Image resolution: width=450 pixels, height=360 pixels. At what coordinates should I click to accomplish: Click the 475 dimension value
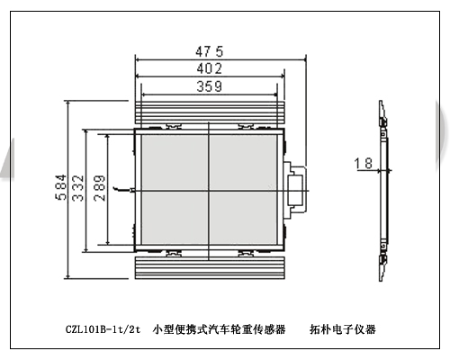[x=210, y=51]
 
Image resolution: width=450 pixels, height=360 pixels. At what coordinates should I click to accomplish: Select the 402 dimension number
[x=210, y=68]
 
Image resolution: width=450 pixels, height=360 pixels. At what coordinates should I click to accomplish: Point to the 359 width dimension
[x=210, y=86]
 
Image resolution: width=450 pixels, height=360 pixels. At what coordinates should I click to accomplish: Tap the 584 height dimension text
[x=60, y=187]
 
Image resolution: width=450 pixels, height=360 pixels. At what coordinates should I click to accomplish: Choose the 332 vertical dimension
[x=78, y=188]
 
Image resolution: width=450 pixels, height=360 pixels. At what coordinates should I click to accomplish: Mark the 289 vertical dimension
[x=100, y=188]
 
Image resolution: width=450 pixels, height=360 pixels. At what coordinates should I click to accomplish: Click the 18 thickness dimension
[x=364, y=164]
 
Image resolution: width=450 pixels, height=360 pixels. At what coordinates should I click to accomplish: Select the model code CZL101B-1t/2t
[x=103, y=329]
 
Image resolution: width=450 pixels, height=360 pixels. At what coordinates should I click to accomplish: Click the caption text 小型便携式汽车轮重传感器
[x=219, y=329]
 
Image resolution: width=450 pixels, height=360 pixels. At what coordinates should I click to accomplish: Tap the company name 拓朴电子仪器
[x=343, y=329]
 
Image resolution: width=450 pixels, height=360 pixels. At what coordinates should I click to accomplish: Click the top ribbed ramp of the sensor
[x=210, y=112]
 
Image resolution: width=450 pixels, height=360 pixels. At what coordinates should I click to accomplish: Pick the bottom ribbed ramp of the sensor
[x=210, y=268]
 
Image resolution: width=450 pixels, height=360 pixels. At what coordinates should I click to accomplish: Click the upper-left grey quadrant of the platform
[x=175, y=162]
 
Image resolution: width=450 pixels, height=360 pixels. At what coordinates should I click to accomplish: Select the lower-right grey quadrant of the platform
[x=243, y=218]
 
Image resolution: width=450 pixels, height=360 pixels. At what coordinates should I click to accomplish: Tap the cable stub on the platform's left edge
[x=123, y=189]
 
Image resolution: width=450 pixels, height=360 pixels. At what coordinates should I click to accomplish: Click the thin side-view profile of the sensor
[x=383, y=191]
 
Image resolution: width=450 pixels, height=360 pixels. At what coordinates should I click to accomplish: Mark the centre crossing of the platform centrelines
[x=209, y=191]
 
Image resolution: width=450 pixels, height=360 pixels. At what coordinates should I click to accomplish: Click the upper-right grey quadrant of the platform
[x=243, y=162]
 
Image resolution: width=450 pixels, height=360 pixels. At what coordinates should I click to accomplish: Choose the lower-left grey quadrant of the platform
[x=175, y=218]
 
